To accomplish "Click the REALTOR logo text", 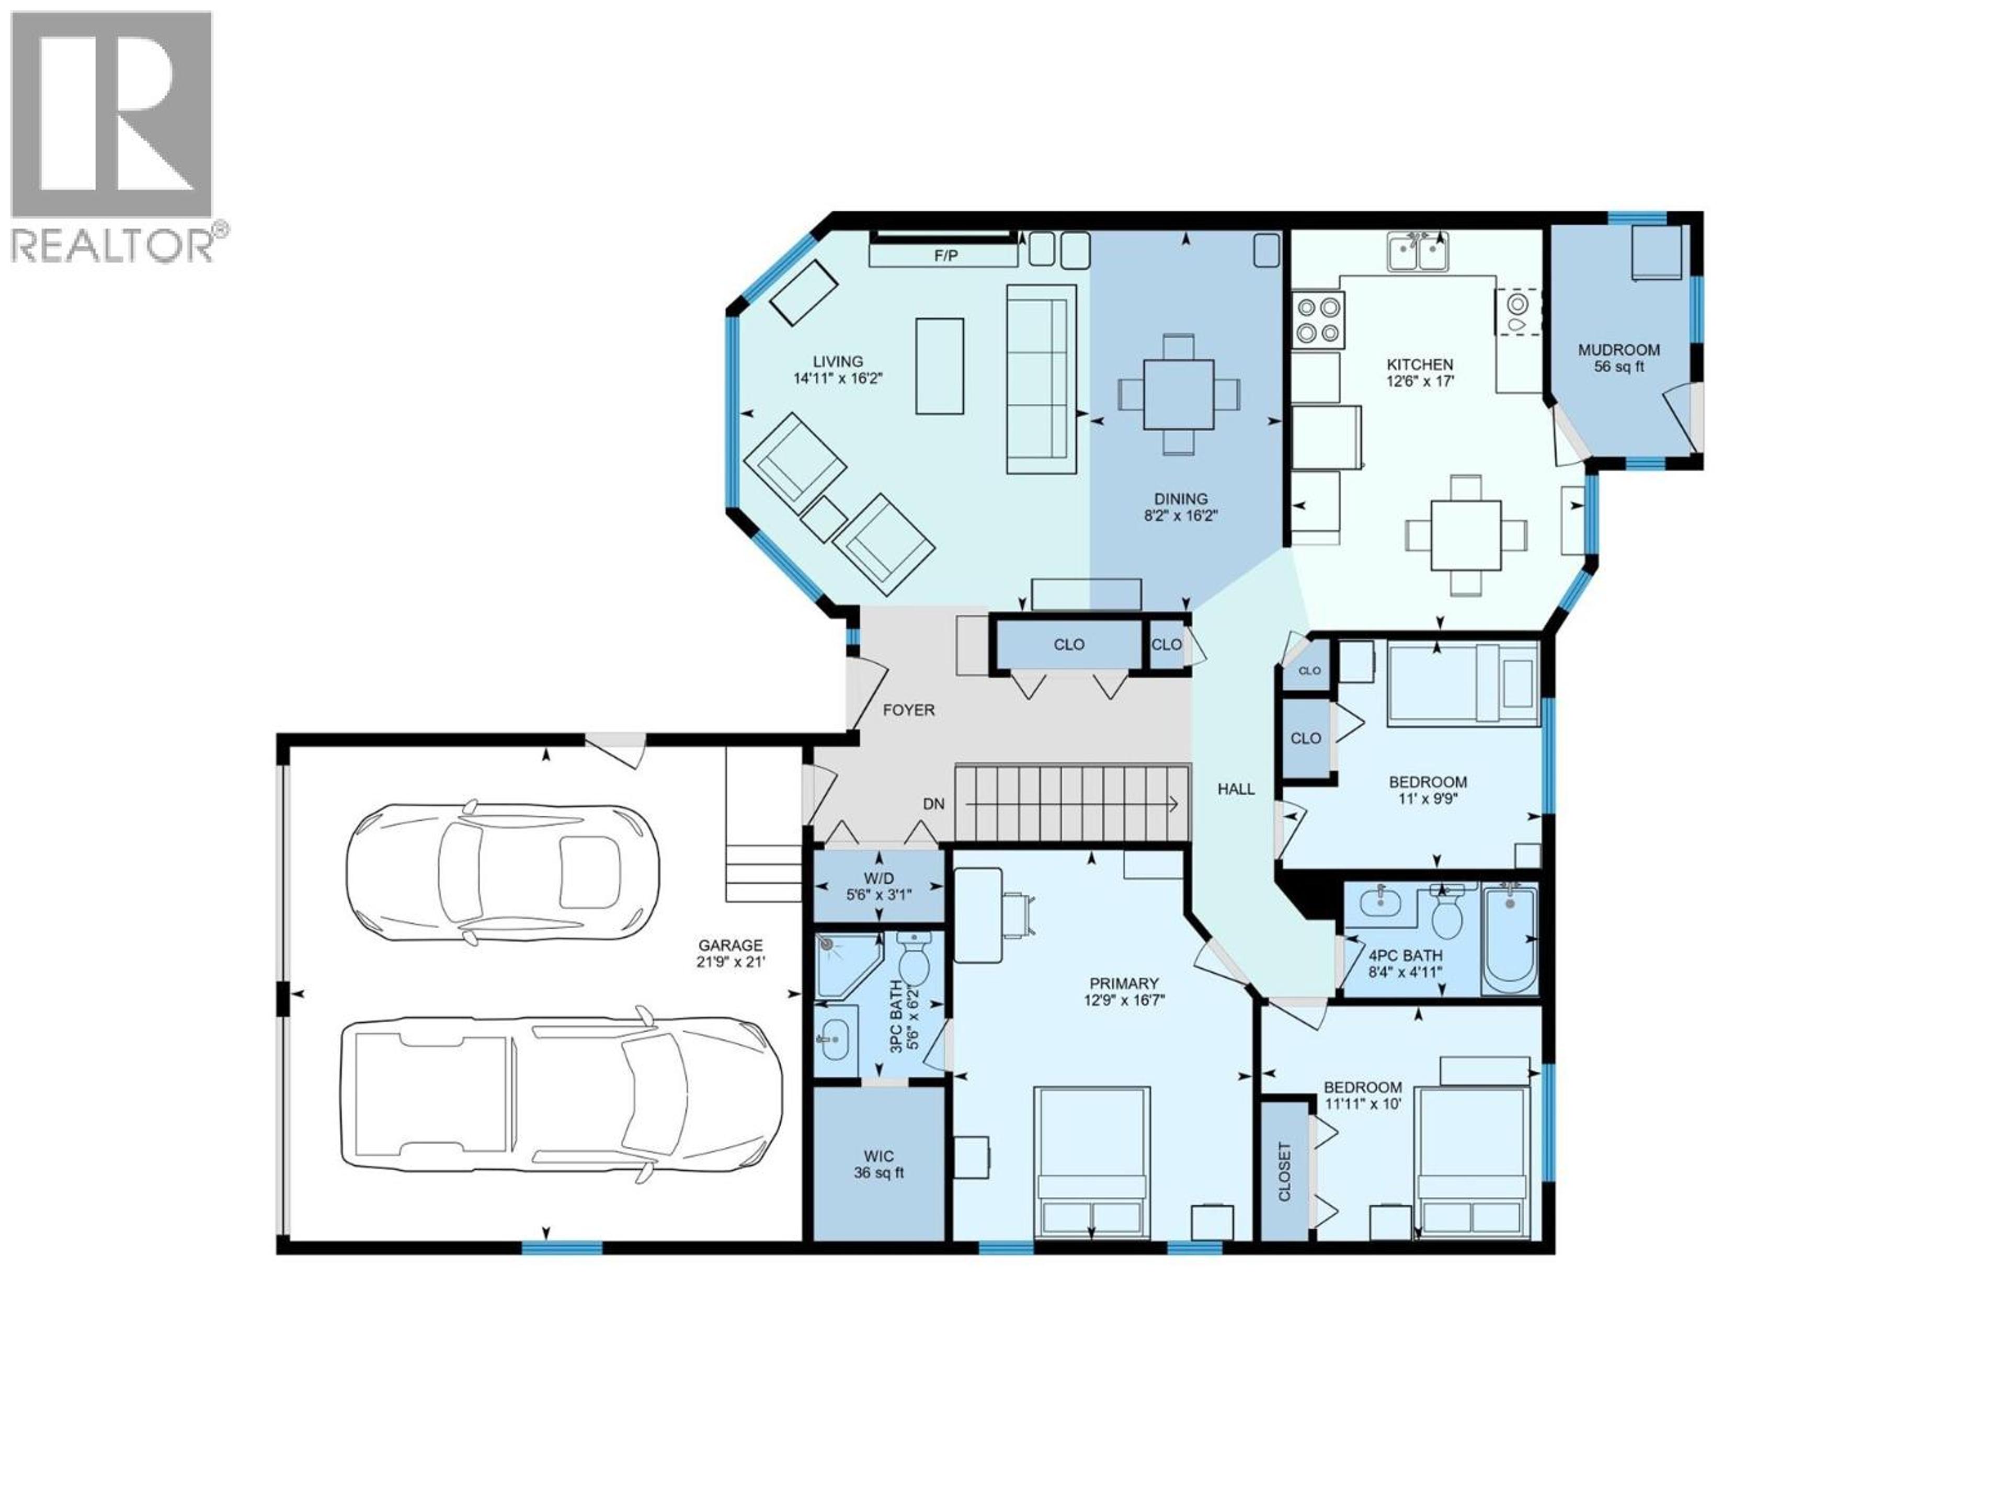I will pyautogui.click(x=113, y=245).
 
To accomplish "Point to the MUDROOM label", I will pyautogui.click(x=1618, y=349).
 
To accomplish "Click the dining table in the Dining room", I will pyautogui.click(x=1178, y=394).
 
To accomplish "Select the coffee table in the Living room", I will pyautogui.click(x=940, y=366).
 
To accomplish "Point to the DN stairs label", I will pyautogui.click(x=933, y=803).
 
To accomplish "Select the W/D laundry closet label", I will pyautogui.click(x=878, y=878).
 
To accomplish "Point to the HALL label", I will pyautogui.click(x=1236, y=789).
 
